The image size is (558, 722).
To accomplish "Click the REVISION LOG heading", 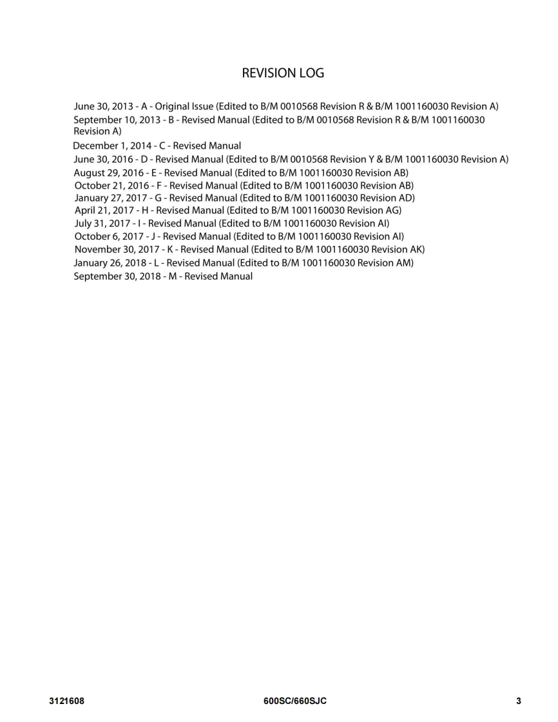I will [x=283, y=73].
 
